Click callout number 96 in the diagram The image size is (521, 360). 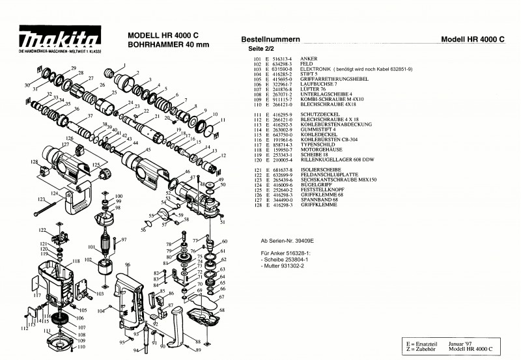[128, 265]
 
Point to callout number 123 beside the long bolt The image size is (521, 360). [41, 199]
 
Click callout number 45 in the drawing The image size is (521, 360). [148, 150]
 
